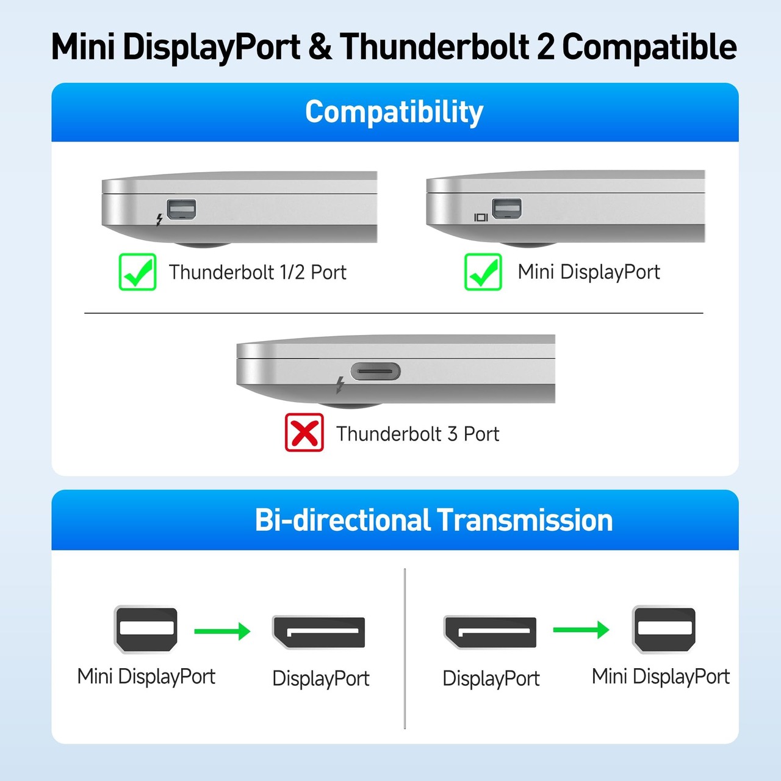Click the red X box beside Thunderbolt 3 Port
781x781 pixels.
(304, 433)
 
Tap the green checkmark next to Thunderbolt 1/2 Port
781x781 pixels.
(137, 272)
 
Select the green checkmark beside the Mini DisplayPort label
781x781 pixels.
(483, 272)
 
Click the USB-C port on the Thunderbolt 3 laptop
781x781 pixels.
(375, 371)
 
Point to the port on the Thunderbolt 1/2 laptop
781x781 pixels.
(181, 209)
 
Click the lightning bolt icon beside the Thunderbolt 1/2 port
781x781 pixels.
(159, 219)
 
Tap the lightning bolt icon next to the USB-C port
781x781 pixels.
(340, 384)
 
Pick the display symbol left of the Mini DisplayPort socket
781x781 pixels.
(481, 217)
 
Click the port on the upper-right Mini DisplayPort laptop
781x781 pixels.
(506, 209)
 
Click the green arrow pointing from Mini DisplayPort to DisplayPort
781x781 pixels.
(222, 631)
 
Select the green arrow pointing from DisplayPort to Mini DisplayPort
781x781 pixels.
(581, 629)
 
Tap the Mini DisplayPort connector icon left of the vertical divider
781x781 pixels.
(146, 629)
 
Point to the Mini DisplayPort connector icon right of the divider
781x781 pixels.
(664, 628)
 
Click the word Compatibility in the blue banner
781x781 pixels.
(394, 112)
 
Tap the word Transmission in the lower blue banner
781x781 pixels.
(525, 520)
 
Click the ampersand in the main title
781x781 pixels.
(320, 48)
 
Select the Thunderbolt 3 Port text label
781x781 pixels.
(417, 434)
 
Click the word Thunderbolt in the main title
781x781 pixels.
(435, 48)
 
